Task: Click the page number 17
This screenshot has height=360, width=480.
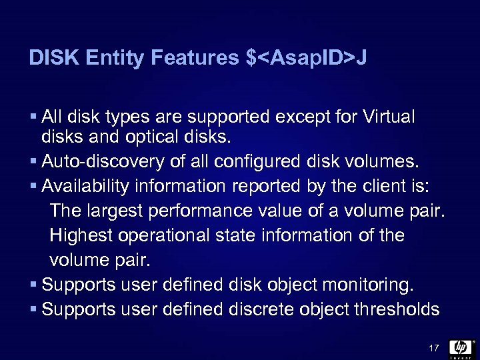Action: [x=433, y=347]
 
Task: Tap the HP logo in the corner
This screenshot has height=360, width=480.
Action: [x=461, y=347]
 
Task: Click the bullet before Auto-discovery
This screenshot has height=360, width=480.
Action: [x=34, y=161]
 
